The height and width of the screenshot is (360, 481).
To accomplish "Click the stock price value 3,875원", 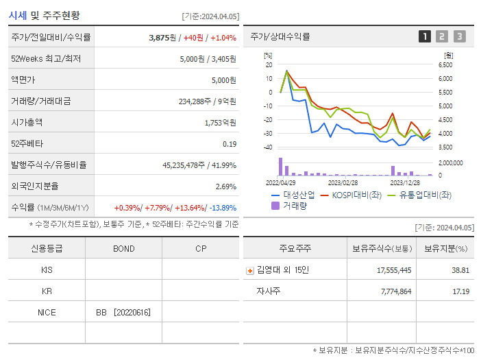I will tap(162, 37).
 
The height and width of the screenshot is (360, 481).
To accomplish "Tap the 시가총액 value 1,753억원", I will tap(220, 123).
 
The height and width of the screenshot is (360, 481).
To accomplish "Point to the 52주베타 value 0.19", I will tap(230, 144).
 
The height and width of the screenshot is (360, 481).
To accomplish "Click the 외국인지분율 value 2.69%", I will tap(225, 187).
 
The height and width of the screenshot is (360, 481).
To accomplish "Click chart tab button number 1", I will tap(425, 36).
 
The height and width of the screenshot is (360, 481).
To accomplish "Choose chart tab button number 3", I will tap(459, 36).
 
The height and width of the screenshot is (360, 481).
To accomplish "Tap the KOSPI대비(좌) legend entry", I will tap(351, 195).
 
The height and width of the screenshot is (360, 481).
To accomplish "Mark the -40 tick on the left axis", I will tap(269, 147).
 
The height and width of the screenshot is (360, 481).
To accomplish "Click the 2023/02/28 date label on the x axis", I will tap(343, 183).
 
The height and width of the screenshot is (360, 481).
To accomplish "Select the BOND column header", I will tap(124, 248).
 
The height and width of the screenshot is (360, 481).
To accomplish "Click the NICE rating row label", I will tap(47, 313).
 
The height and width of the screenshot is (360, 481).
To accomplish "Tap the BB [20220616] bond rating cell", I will tap(123, 313).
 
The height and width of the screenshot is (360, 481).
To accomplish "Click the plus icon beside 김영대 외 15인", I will tap(250, 271).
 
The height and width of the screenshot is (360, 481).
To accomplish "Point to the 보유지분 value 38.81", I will tap(460, 270).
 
